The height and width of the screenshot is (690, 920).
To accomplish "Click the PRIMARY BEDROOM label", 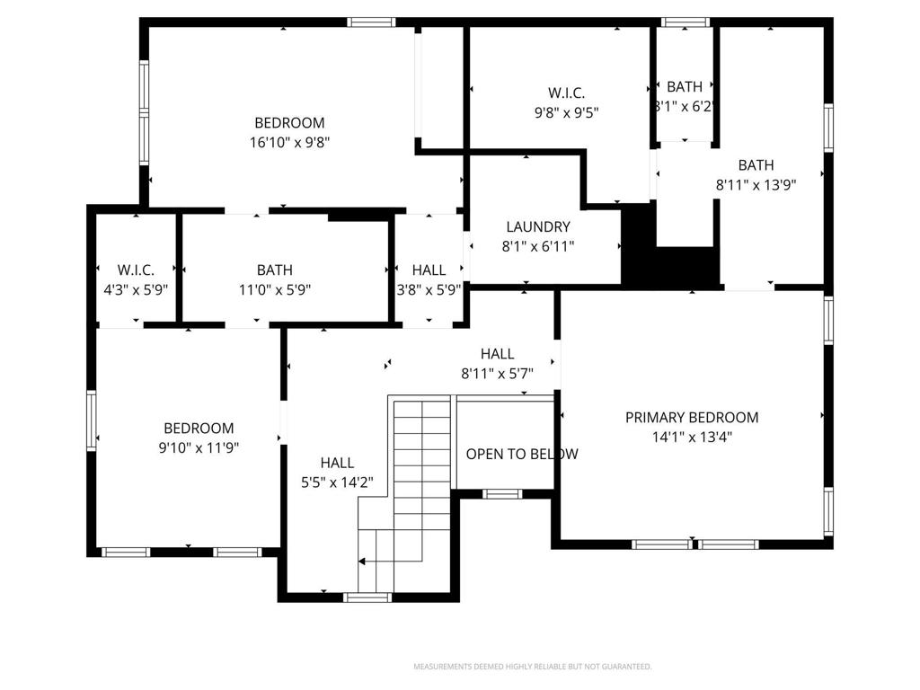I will coord(692,417).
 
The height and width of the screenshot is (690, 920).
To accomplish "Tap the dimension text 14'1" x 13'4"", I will coord(692,438).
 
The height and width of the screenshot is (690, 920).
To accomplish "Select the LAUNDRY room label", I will coord(537,227).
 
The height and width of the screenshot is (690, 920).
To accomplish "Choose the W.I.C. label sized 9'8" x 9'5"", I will coord(567,93).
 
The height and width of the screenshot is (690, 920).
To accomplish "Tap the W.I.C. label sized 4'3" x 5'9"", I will coord(137,270).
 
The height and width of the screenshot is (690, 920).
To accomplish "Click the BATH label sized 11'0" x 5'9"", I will coord(274,270).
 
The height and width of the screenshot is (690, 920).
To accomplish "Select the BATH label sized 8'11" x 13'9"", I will coord(756,164).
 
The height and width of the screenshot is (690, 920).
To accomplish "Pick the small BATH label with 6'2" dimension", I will coord(685,87).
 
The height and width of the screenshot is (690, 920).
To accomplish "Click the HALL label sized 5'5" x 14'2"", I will coord(337,463).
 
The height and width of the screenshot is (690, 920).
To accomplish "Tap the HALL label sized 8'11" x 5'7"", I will coord(497,354).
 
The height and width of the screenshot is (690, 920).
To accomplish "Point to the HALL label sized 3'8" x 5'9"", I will coord(429,270).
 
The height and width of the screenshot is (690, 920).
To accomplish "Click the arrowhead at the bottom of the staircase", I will coord(362,562).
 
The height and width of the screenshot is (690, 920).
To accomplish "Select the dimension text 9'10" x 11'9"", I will coord(199,447).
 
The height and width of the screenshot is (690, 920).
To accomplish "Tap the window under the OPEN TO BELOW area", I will coord(502,493).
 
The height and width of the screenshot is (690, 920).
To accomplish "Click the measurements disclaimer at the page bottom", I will coord(532,667).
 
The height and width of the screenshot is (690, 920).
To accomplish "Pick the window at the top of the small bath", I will coord(685,22).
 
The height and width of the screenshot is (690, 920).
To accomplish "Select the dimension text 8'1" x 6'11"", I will coord(537,245).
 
